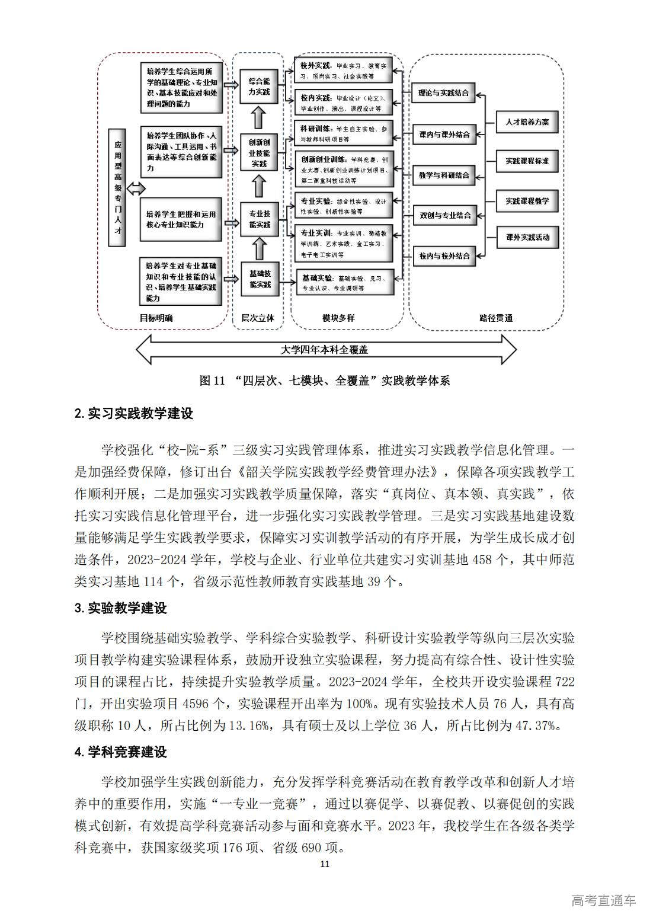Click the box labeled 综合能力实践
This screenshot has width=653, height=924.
(x=258, y=87)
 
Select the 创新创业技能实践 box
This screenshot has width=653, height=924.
(x=258, y=153)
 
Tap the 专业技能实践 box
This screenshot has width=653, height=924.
(x=259, y=219)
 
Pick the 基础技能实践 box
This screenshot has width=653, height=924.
(x=259, y=279)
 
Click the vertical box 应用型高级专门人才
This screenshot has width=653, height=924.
(x=117, y=187)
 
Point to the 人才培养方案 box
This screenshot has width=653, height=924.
(x=527, y=123)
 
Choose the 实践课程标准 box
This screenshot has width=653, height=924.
(x=527, y=161)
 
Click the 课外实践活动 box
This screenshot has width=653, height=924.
(x=527, y=238)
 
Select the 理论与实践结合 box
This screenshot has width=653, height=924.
(x=443, y=93)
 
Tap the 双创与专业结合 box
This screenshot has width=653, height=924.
(x=444, y=215)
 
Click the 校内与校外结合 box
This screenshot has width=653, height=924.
(x=444, y=256)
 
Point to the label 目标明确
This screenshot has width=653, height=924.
(x=156, y=318)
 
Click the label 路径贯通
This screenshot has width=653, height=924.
(x=496, y=318)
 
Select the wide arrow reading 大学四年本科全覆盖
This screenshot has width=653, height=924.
(x=325, y=350)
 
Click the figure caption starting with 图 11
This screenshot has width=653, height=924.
(x=325, y=381)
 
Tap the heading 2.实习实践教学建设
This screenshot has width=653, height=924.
(x=134, y=414)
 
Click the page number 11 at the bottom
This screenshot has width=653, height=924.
(x=325, y=864)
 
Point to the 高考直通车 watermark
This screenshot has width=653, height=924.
(x=603, y=900)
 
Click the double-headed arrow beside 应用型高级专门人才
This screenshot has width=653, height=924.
(x=136, y=188)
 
